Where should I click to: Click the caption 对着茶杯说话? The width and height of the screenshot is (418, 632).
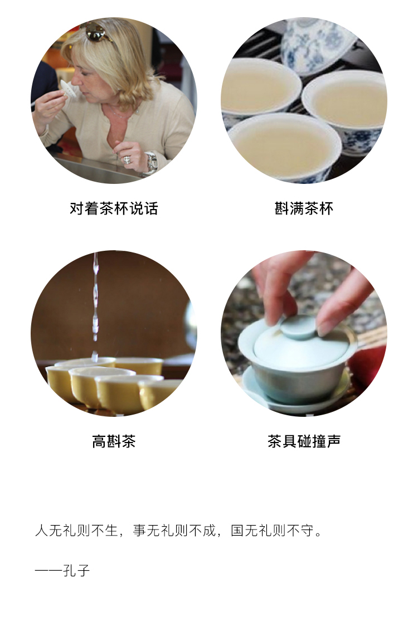coord(114,208)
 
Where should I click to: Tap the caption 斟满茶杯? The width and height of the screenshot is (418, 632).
coord(304,208)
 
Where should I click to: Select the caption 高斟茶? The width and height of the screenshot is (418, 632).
coord(114,441)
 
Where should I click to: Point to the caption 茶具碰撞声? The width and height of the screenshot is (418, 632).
coord(304,441)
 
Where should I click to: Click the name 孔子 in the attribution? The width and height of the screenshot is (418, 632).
coord(76,570)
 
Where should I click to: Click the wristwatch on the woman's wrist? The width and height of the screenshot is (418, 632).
coord(152,162)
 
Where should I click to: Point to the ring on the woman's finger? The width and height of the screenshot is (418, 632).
coord(127,159)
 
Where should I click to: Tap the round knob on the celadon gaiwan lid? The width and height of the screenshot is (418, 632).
coord(299,327)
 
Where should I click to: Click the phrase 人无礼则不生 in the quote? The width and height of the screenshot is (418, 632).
coord(76,531)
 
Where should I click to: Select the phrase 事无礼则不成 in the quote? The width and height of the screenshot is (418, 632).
coord(174,531)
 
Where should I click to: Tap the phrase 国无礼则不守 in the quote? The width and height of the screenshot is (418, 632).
coord(271,531)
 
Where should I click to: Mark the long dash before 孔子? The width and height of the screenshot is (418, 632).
coord(48,571)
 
